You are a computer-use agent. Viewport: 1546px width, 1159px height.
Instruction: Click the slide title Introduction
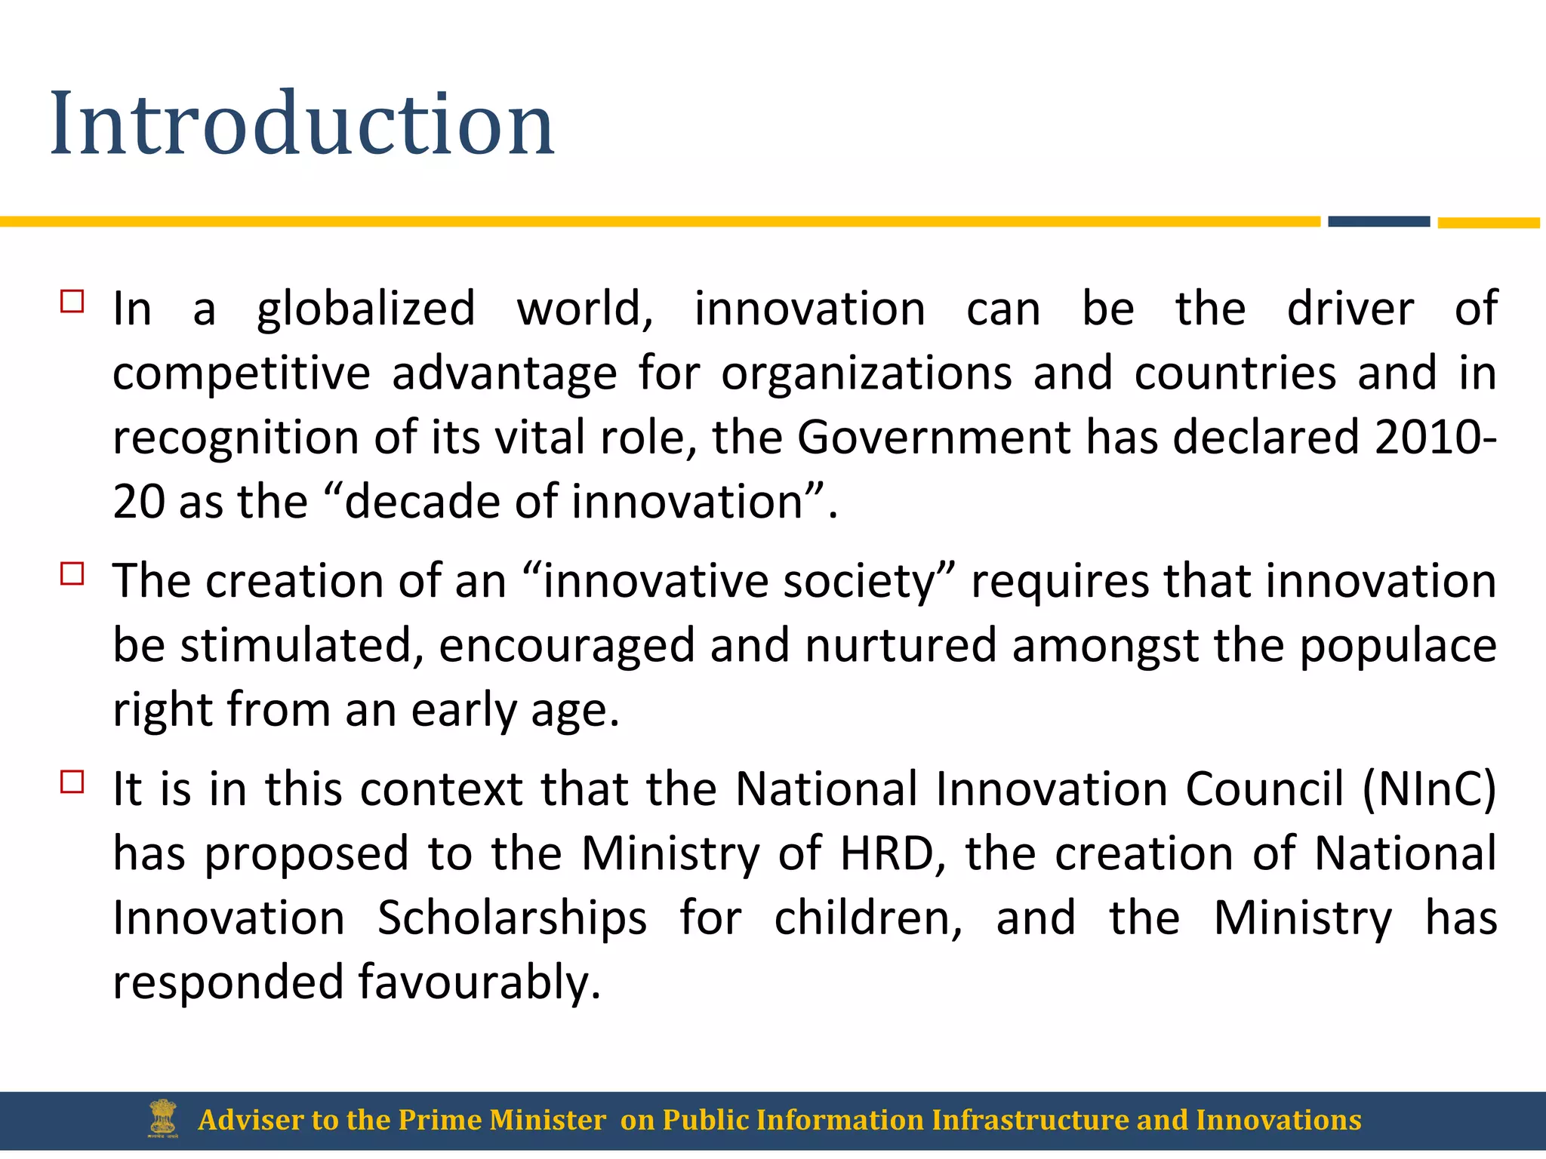click(x=302, y=124)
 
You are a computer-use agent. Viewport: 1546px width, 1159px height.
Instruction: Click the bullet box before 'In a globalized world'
click(x=72, y=302)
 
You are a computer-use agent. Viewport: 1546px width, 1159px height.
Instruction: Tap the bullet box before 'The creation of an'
click(x=72, y=574)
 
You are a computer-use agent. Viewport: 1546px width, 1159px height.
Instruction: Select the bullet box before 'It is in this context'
click(x=72, y=782)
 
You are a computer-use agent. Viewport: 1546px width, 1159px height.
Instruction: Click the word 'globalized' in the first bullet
click(x=366, y=309)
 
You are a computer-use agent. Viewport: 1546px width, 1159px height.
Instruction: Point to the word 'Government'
click(x=933, y=438)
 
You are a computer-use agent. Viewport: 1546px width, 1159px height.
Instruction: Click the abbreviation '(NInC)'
click(x=1429, y=790)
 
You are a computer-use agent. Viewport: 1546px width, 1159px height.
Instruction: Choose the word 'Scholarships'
click(x=512, y=918)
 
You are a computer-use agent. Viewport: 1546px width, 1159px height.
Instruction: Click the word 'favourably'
click(x=479, y=983)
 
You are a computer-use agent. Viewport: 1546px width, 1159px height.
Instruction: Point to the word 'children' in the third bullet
click(x=868, y=918)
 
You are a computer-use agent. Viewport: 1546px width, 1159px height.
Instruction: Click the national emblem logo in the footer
click(x=163, y=1119)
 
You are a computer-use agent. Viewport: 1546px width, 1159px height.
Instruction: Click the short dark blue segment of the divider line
click(x=1378, y=222)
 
